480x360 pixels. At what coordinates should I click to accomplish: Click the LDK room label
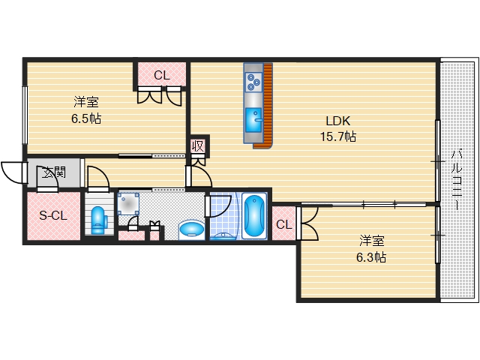338,121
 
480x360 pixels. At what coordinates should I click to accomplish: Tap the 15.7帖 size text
338,136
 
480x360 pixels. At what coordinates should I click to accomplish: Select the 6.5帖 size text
86,118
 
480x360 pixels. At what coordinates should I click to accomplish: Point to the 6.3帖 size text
371,257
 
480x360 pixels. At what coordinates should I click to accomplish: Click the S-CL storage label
53,216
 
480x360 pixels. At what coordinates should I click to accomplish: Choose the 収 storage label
198,147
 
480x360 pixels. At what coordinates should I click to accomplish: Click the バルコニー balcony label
457,179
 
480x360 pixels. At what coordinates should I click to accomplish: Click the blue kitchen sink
253,120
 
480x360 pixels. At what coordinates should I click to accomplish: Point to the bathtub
254,215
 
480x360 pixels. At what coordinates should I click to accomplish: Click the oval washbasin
192,229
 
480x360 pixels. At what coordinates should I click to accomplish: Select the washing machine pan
128,203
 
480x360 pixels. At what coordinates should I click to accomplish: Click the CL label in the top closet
162,75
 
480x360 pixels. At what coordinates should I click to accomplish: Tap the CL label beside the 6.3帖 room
284,225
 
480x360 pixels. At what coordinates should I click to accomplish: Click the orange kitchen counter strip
267,106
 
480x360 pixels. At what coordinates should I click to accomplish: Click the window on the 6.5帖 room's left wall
25,115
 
